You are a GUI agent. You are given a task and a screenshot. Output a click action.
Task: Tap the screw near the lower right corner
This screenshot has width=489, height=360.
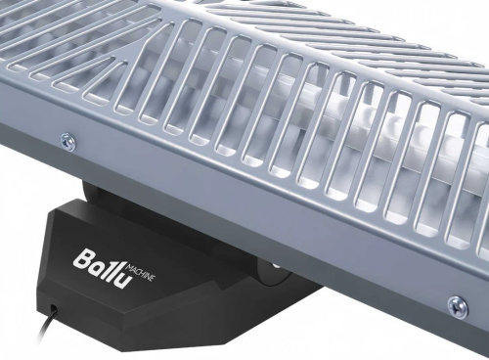click(457, 306)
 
